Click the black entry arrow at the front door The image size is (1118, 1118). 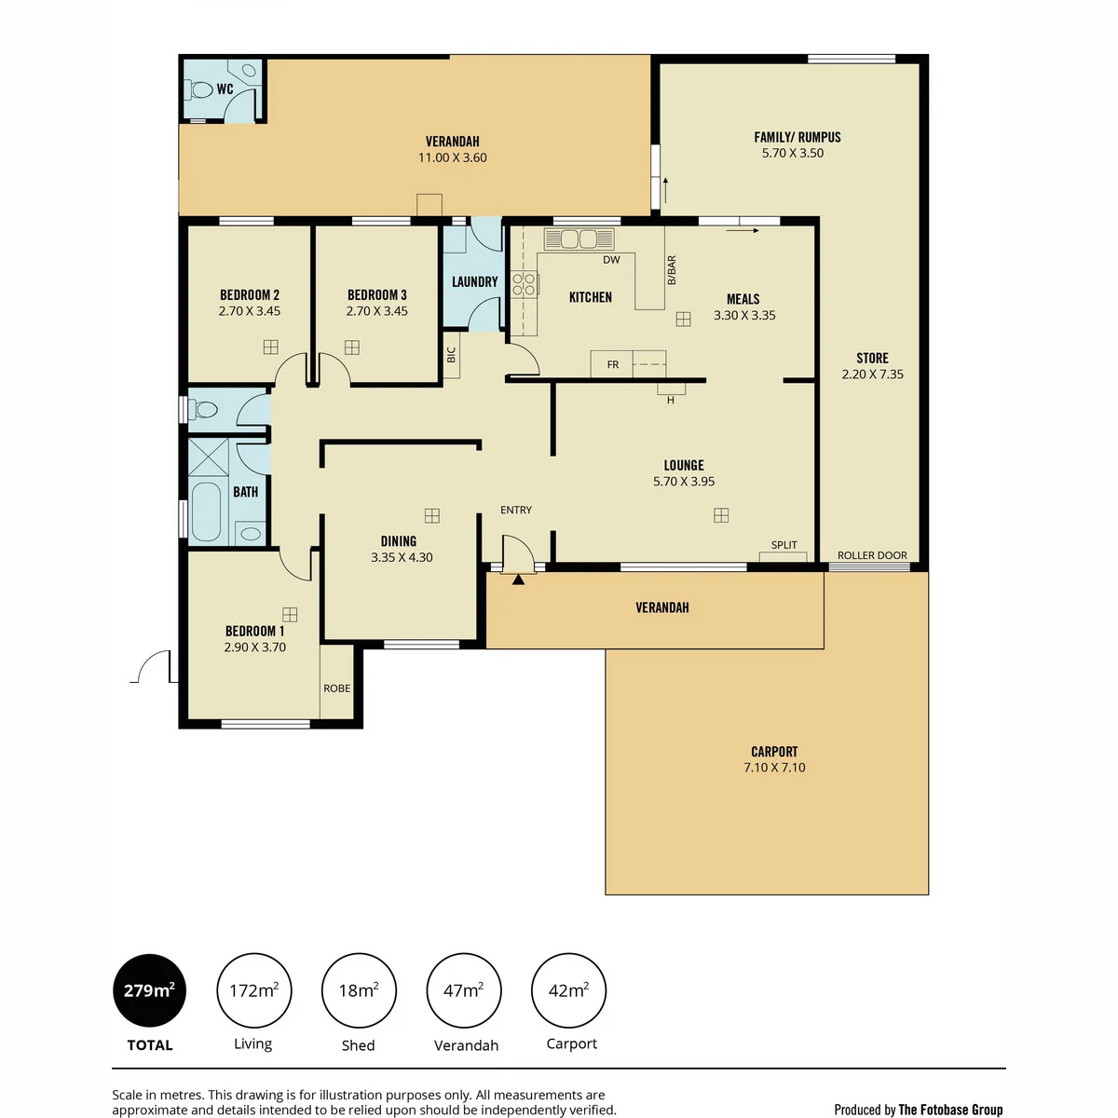click(518, 579)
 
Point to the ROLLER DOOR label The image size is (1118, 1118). click(872, 555)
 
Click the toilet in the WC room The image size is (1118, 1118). click(199, 90)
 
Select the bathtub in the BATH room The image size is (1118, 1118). click(205, 511)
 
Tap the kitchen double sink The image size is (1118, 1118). click(579, 239)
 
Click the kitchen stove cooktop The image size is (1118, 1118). click(524, 284)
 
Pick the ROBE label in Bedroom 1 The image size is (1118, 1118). click(336, 689)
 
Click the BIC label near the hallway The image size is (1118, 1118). click(451, 354)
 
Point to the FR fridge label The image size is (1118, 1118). click(613, 365)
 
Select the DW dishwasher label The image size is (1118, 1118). click(611, 260)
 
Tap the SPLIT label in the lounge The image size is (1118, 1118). click(784, 545)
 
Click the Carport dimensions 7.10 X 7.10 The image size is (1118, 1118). click(774, 767)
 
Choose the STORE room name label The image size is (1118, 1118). click(872, 358)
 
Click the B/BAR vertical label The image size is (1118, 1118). click(671, 270)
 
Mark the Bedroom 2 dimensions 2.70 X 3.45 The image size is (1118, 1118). click(250, 311)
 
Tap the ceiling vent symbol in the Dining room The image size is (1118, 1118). click(431, 515)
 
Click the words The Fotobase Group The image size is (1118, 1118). click(950, 1110)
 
